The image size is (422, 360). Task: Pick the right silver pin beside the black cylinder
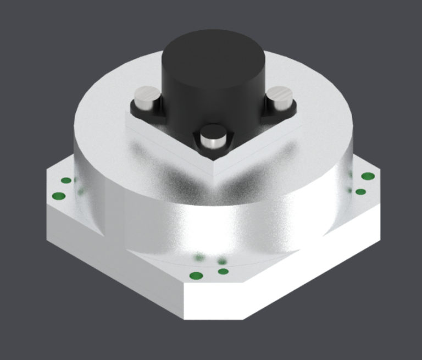point(279,100)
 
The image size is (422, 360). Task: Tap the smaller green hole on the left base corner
point(66,180)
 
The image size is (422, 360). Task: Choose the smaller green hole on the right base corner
point(360,192)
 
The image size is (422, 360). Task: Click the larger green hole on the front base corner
point(196,275)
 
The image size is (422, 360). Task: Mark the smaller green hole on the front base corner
point(223,271)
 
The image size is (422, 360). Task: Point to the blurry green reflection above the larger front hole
point(199,257)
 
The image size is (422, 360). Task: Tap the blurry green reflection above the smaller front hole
point(222,261)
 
